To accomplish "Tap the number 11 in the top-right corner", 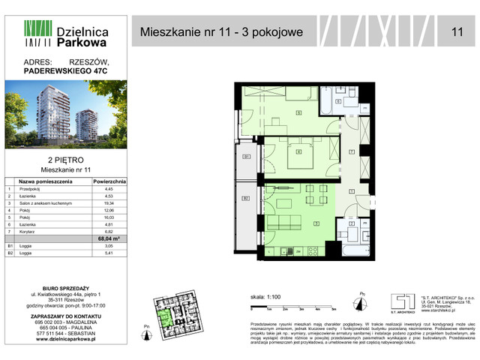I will click(x=457, y=31).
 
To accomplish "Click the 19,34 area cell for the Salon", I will click(x=109, y=203).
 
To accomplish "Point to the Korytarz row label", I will click(x=31, y=232).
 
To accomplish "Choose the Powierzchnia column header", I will click(x=109, y=181).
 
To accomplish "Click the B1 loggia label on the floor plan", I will click(x=246, y=157).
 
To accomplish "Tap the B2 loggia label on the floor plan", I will click(x=246, y=198).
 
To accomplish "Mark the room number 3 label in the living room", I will click(x=316, y=223).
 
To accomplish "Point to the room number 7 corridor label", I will click(x=351, y=151).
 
